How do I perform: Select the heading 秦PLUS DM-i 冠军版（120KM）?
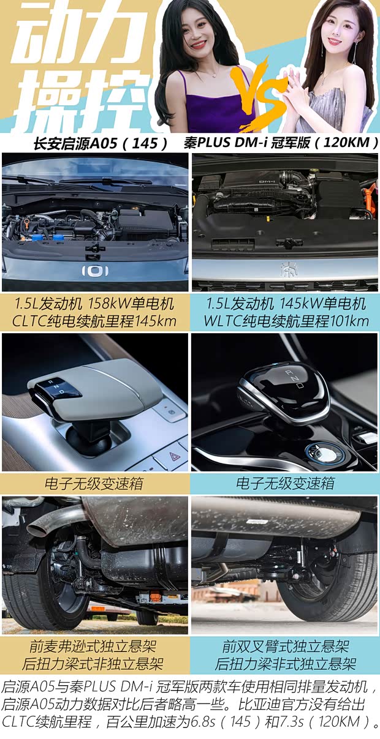(x=281, y=143)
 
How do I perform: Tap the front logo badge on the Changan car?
(x=96, y=270)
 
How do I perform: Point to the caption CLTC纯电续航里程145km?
(x=96, y=321)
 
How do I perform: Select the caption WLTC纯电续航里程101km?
(x=285, y=321)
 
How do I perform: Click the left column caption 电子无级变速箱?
(x=96, y=483)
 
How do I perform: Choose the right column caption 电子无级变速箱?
(x=285, y=483)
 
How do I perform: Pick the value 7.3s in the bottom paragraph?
(x=284, y=721)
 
